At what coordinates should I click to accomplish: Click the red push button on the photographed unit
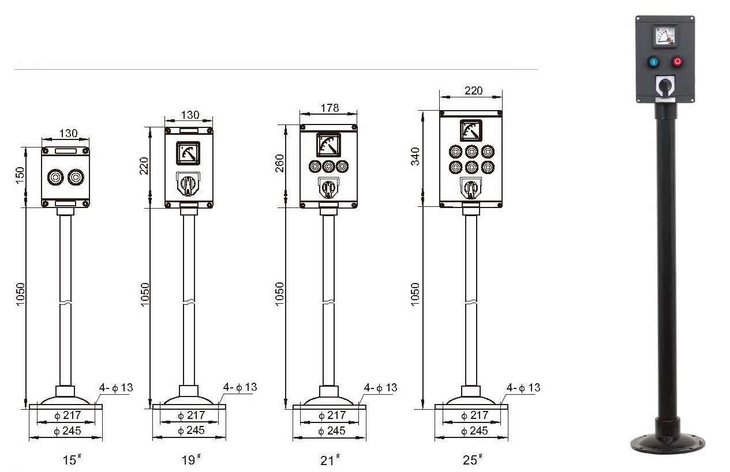[x=677, y=61]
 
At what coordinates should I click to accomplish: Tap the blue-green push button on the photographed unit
[x=654, y=61]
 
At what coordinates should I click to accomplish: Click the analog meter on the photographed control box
[x=665, y=36]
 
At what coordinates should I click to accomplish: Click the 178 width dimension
[x=330, y=108]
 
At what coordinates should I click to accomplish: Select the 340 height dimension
[x=415, y=156]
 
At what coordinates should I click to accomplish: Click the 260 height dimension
[x=280, y=163]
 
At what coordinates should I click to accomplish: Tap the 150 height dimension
[x=20, y=175]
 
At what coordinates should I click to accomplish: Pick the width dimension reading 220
[x=473, y=90]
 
